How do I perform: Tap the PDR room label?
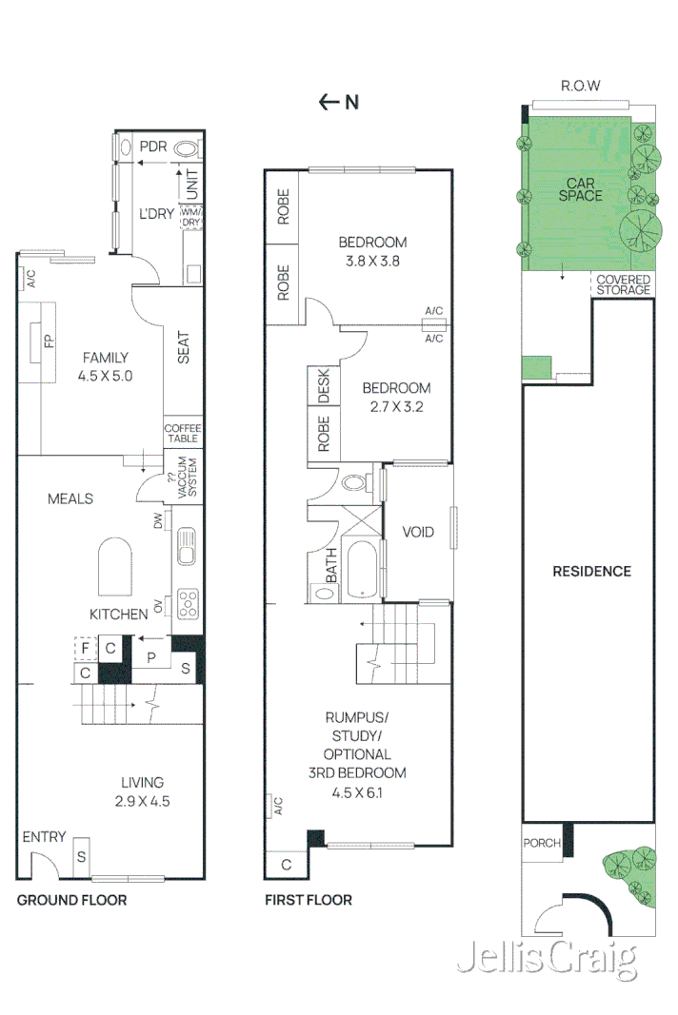[x=153, y=146]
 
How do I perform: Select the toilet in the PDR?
[x=188, y=147]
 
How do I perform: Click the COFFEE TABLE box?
[x=182, y=433]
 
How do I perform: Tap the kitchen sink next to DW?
[x=186, y=546]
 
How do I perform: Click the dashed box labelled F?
[x=85, y=649]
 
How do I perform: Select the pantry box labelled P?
[x=150, y=655]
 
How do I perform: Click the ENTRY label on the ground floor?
[x=44, y=837]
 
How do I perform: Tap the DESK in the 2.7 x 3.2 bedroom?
[x=323, y=385]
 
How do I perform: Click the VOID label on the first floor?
[x=417, y=532]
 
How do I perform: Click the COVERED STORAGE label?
[x=623, y=284]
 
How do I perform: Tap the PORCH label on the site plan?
[x=542, y=843]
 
